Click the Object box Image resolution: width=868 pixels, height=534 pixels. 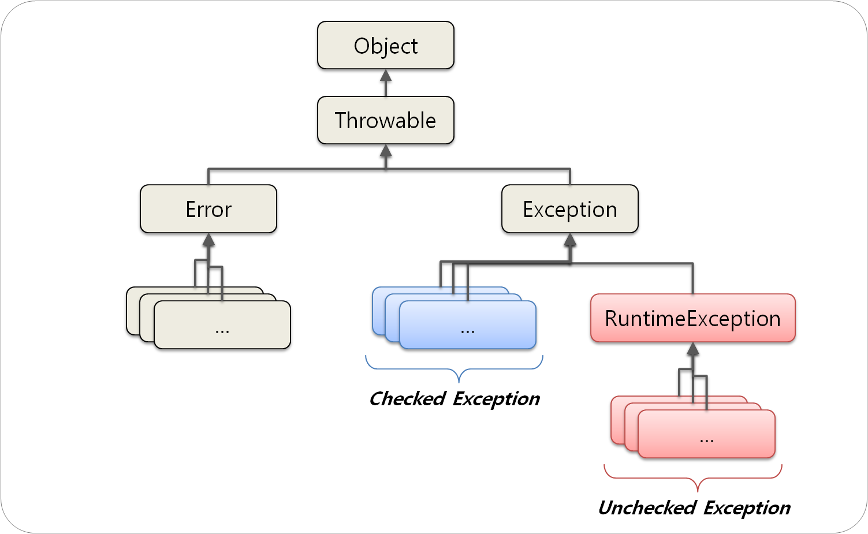(385, 46)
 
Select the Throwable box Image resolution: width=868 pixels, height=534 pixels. (385, 120)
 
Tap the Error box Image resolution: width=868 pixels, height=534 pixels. (208, 209)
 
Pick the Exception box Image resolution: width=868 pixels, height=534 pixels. (569, 209)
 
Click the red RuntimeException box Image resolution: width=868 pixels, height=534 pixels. (692, 318)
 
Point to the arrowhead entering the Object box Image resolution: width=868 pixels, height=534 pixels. (386, 76)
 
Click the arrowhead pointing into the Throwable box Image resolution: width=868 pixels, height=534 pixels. (386, 151)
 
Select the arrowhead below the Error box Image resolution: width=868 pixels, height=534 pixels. (208, 240)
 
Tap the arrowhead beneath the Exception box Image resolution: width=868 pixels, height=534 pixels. (570, 240)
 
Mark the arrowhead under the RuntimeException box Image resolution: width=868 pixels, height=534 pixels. (693, 349)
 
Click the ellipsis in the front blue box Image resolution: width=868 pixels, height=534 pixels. (467, 331)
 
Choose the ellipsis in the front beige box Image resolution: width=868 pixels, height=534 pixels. (222, 331)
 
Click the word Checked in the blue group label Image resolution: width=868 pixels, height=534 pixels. (407, 398)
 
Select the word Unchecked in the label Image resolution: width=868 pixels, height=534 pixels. (647, 507)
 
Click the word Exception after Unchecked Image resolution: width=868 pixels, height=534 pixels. (747, 507)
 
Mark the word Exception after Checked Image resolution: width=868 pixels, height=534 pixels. (496, 398)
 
